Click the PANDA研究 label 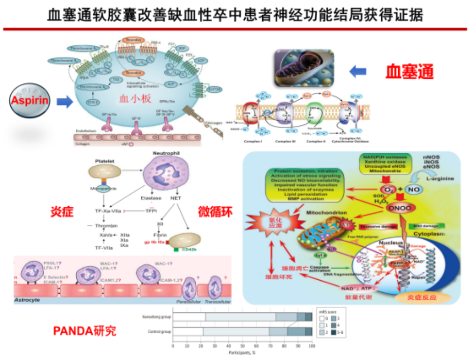click(84, 331)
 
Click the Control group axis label click(159, 331)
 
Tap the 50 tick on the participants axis click(242, 346)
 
